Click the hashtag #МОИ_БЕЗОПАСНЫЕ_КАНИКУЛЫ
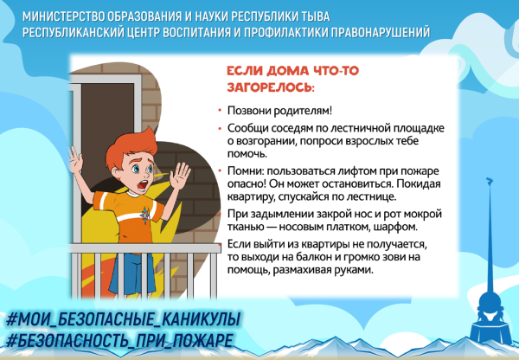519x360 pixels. pos(121,317)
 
